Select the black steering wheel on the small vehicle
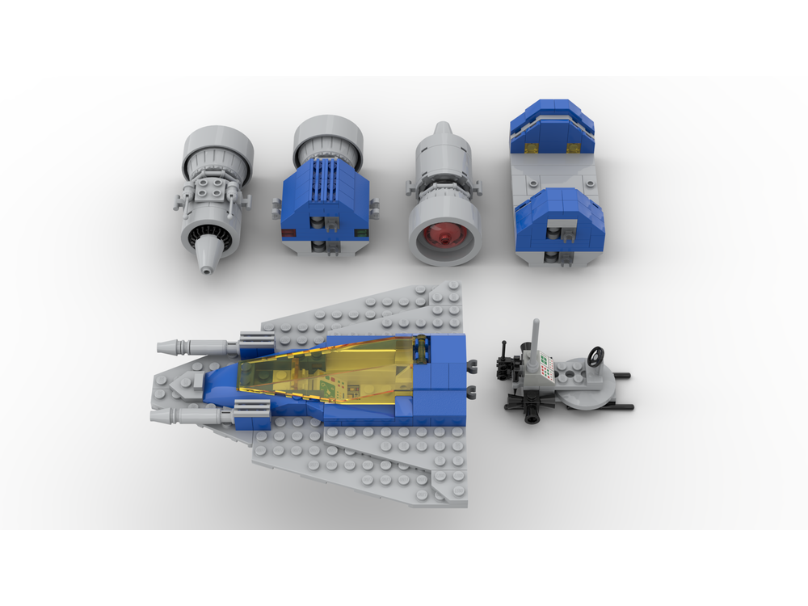coord(595,356)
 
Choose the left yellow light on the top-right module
coord(532,147)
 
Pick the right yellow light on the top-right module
coord(574,147)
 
